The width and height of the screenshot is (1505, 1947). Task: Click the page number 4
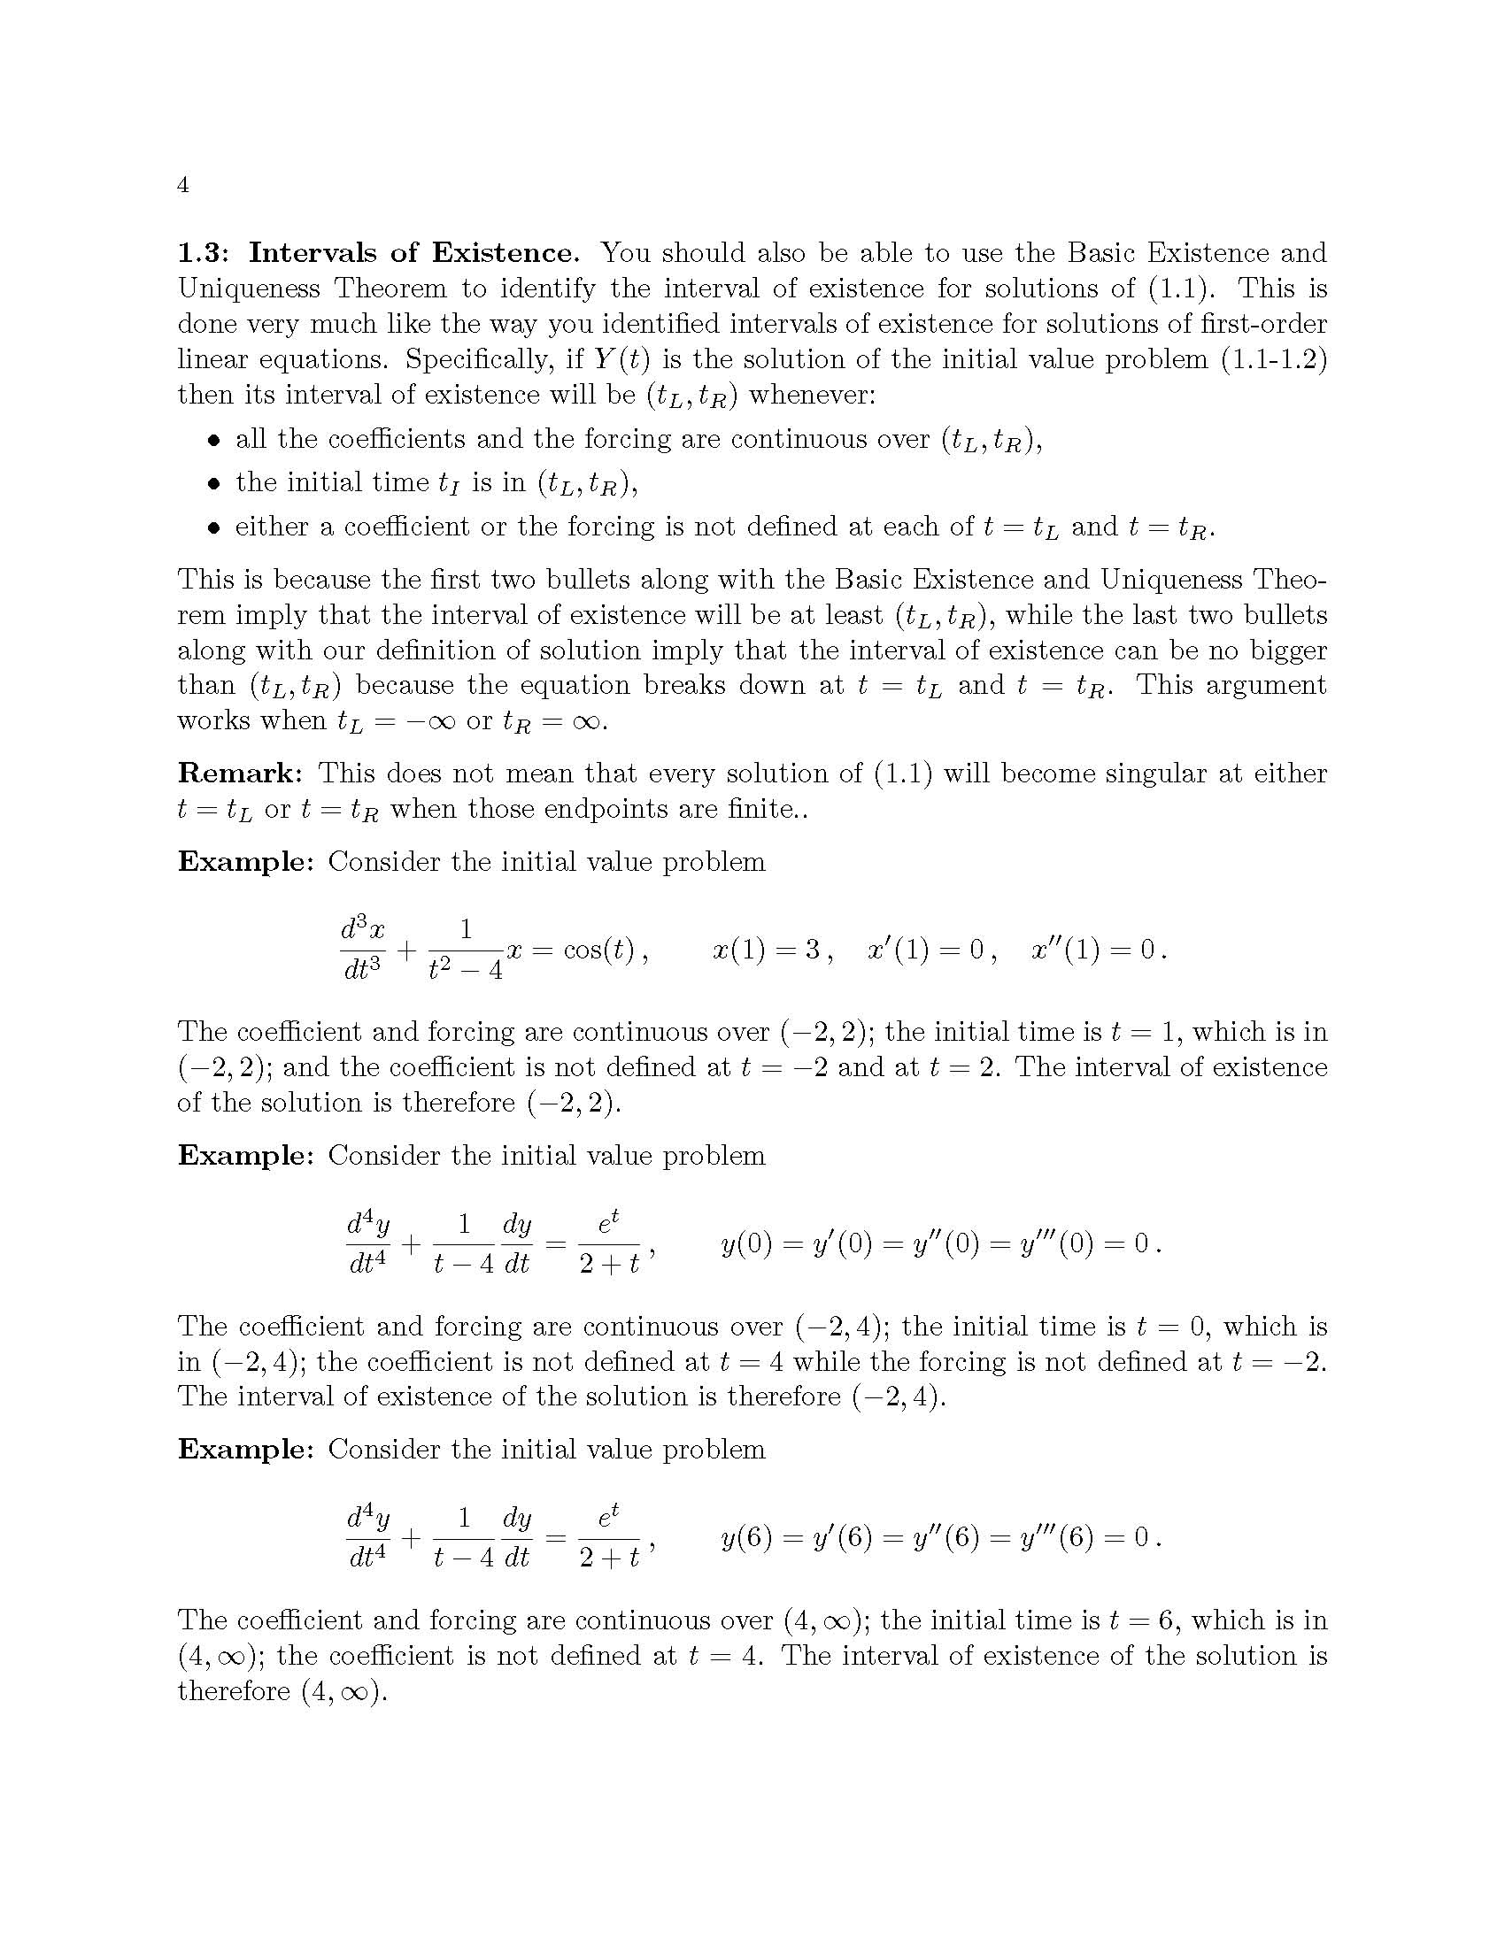pyautogui.click(x=182, y=186)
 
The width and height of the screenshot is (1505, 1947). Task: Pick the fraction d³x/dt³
pyautogui.click(x=363, y=950)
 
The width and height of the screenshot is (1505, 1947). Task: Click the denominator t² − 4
pyautogui.click(x=465, y=968)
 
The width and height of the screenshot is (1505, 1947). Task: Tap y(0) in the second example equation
pyautogui.click(x=745, y=1243)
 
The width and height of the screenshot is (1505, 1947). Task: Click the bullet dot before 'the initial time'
pyautogui.click(x=212, y=484)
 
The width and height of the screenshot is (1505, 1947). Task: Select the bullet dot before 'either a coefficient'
pyautogui.click(x=212, y=527)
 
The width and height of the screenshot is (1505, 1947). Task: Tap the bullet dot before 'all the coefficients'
pyautogui.click(x=212, y=441)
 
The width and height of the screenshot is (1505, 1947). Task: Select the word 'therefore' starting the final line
pyautogui.click(x=234, y=1691)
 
